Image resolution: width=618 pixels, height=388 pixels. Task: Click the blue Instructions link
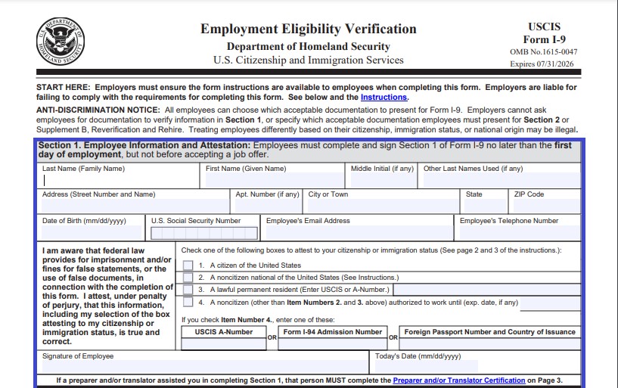point(384,98)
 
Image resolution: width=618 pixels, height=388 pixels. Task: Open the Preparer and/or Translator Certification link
point(458,380)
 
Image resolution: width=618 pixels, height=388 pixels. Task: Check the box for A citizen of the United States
point(188,265)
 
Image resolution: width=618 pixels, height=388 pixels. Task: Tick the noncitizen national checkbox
point(188,278)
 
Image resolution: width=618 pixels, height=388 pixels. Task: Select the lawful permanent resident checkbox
point(188,290)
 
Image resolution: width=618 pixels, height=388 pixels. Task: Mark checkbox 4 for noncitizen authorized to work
point(188,303)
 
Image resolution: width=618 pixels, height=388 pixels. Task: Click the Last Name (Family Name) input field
point(121,181)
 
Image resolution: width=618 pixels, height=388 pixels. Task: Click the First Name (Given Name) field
point(274,181)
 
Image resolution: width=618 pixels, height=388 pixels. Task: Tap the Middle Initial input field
point(382,181)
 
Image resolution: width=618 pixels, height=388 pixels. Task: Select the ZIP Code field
point(542,206)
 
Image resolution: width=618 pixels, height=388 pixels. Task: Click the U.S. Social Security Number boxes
point(203,233)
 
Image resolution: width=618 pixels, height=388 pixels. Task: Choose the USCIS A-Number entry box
point(223,344)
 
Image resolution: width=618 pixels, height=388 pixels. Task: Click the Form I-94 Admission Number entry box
point(332,344)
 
